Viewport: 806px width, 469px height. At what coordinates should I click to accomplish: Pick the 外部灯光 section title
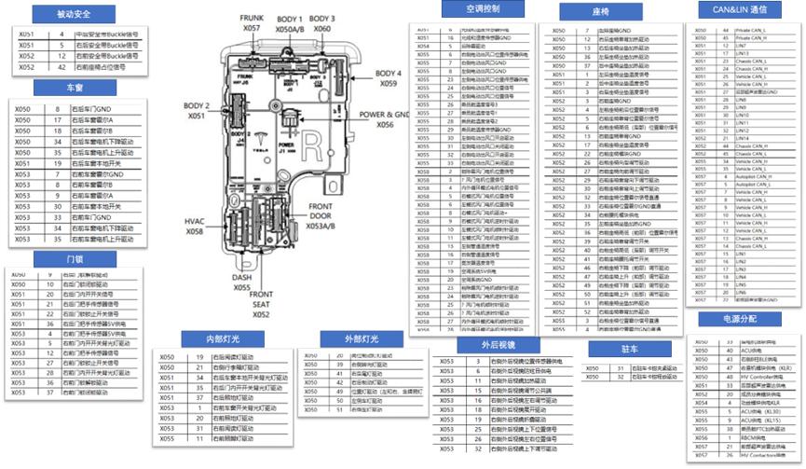pos(350,338)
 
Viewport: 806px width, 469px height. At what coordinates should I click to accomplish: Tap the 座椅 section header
pos(600,11)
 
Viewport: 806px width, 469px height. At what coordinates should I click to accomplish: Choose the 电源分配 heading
pos(739,319)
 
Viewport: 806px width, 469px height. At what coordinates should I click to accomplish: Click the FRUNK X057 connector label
pos(252,23)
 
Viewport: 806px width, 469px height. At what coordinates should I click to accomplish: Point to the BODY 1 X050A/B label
pos(290,23)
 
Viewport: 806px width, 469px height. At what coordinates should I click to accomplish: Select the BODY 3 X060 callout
pos(322,23)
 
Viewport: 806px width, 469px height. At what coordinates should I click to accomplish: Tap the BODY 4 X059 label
pos(389,78)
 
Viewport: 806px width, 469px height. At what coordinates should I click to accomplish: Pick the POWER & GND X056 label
pos(385,118)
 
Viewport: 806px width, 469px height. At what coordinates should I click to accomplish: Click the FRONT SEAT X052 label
pos(262,305)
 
